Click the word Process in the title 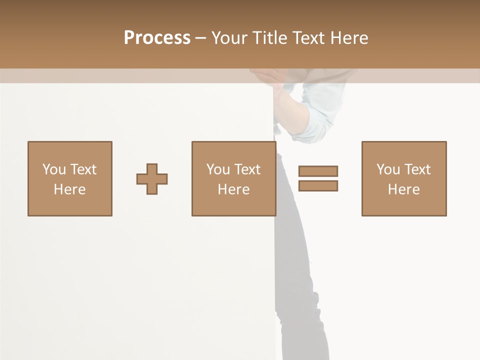157,38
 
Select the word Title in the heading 270,38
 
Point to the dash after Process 201,38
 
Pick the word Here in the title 350,38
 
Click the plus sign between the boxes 152,178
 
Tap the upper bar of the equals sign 318,171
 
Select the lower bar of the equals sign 318,185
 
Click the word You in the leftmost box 54,169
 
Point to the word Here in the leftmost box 69,189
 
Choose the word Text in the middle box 247,169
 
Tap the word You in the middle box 218,169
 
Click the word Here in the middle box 233,189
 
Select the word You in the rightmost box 388,169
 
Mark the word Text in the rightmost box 417,169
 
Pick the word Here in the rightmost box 403,189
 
